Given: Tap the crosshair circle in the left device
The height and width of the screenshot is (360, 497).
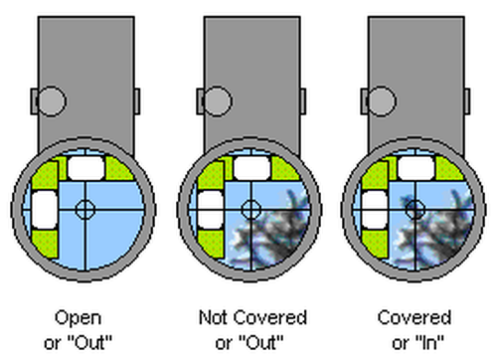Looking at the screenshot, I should click(83, 209).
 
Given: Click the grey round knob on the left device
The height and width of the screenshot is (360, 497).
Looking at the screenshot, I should click(51, 100).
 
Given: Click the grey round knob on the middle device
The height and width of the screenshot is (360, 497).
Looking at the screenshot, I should click(214, 100).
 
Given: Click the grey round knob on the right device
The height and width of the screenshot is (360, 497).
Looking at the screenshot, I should click(377, 100).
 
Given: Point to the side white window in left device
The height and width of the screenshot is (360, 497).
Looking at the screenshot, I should click(45, 208).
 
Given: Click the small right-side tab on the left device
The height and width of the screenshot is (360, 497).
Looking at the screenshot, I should click(135, 100).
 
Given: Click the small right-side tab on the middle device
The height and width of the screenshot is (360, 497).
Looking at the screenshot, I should click(298, 100).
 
